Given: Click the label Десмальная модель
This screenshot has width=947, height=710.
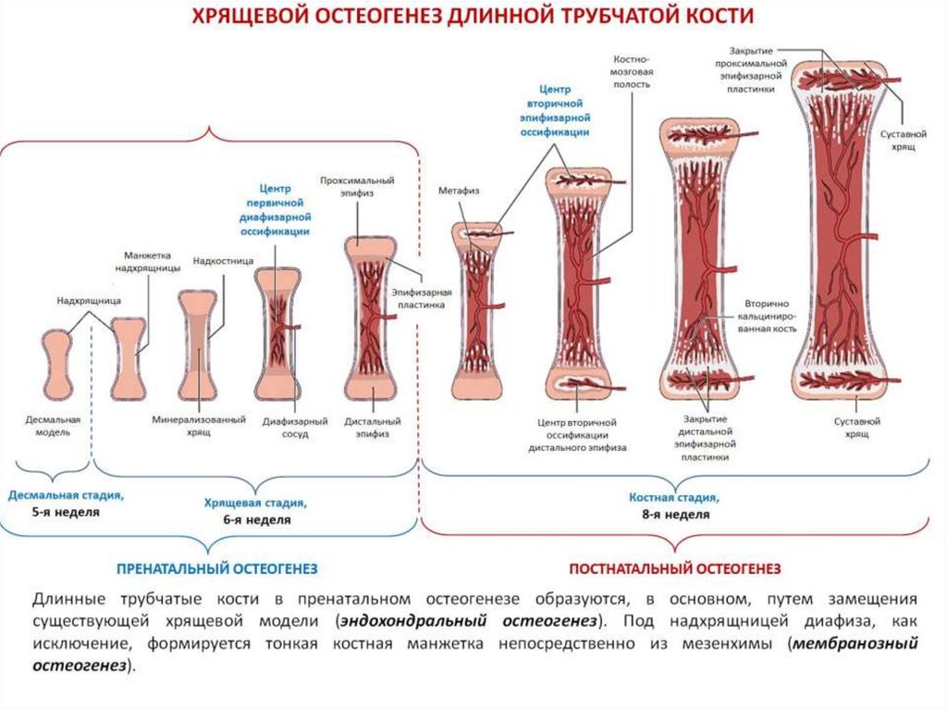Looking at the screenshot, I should tap(52, 426).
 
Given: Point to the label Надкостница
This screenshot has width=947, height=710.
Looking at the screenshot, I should tap(223, 261).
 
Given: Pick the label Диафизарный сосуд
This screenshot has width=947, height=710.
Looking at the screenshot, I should tap(290, 426).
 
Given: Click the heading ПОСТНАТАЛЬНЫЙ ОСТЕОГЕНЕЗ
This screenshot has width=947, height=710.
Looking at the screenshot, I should tap(675, 567).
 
